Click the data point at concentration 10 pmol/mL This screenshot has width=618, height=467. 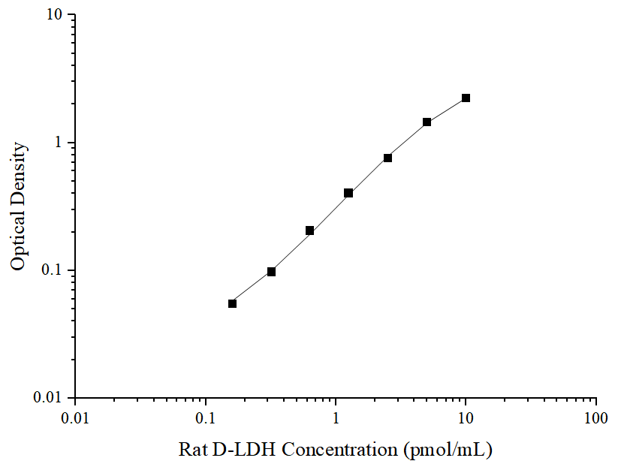[466, 98]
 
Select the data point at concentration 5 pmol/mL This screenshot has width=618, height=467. [427, 122]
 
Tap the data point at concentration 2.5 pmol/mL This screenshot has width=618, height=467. [387, 158]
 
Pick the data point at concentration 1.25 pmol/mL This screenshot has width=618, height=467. [348, 193]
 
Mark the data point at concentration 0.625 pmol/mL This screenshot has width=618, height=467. [309, 230]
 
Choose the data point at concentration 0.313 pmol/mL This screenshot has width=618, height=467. [271, 272]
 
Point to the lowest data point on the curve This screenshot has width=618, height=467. [232, 303]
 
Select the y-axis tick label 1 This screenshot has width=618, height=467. [60, 143]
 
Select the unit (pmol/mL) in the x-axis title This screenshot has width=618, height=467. [448, 450]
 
